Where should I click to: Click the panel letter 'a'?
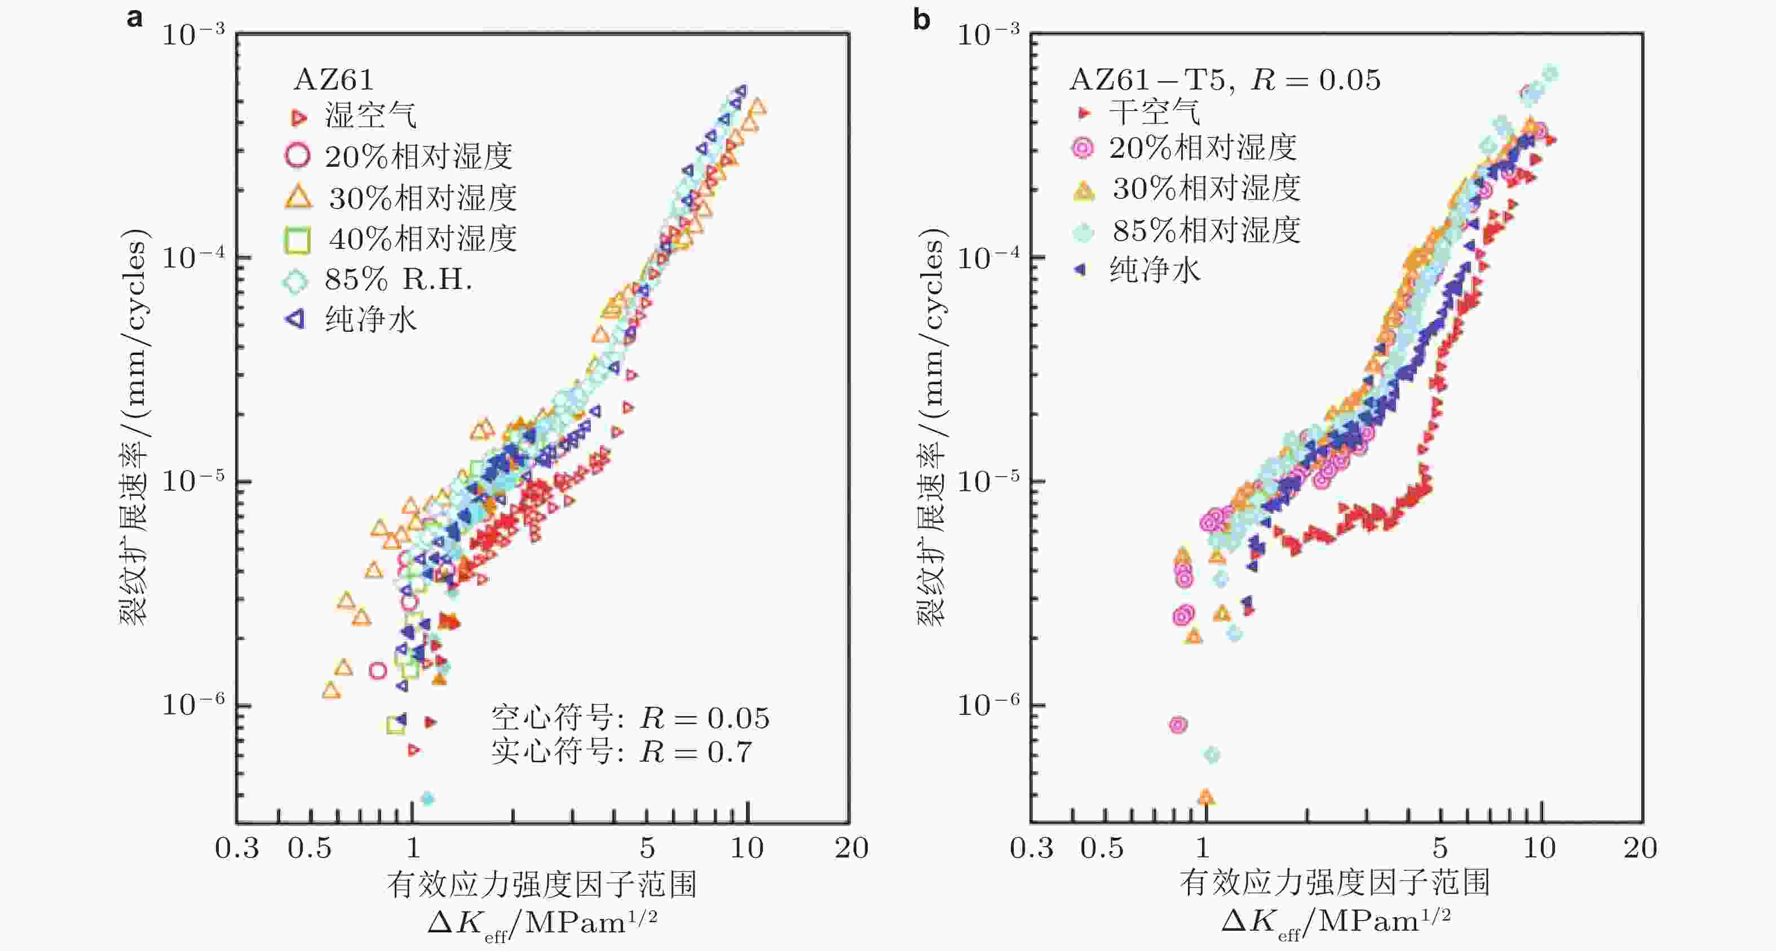[x=135, y=18]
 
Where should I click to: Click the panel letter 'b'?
[x=921, y=19]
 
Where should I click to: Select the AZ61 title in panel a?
[x=334, y=80]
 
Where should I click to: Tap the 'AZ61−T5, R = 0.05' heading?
[x=1225, y=80]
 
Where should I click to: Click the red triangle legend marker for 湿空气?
[x=298, y=118]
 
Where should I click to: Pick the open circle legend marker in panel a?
[x=297, y=155]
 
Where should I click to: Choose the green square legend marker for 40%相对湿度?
[x=297, y=239]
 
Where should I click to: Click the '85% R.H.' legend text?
[x=399, y=279]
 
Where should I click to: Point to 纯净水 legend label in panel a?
[x=371, y=319]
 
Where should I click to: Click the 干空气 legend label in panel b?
[x=1154, y=112]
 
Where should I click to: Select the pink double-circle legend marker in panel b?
[x=1083, y=148]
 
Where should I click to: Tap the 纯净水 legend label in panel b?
[x=1154, y=269]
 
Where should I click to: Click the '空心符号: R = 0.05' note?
[x=629, y=718]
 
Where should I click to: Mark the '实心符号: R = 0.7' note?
[x=621, y=751]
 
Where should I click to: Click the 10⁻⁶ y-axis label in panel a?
[x=193, y=704]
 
